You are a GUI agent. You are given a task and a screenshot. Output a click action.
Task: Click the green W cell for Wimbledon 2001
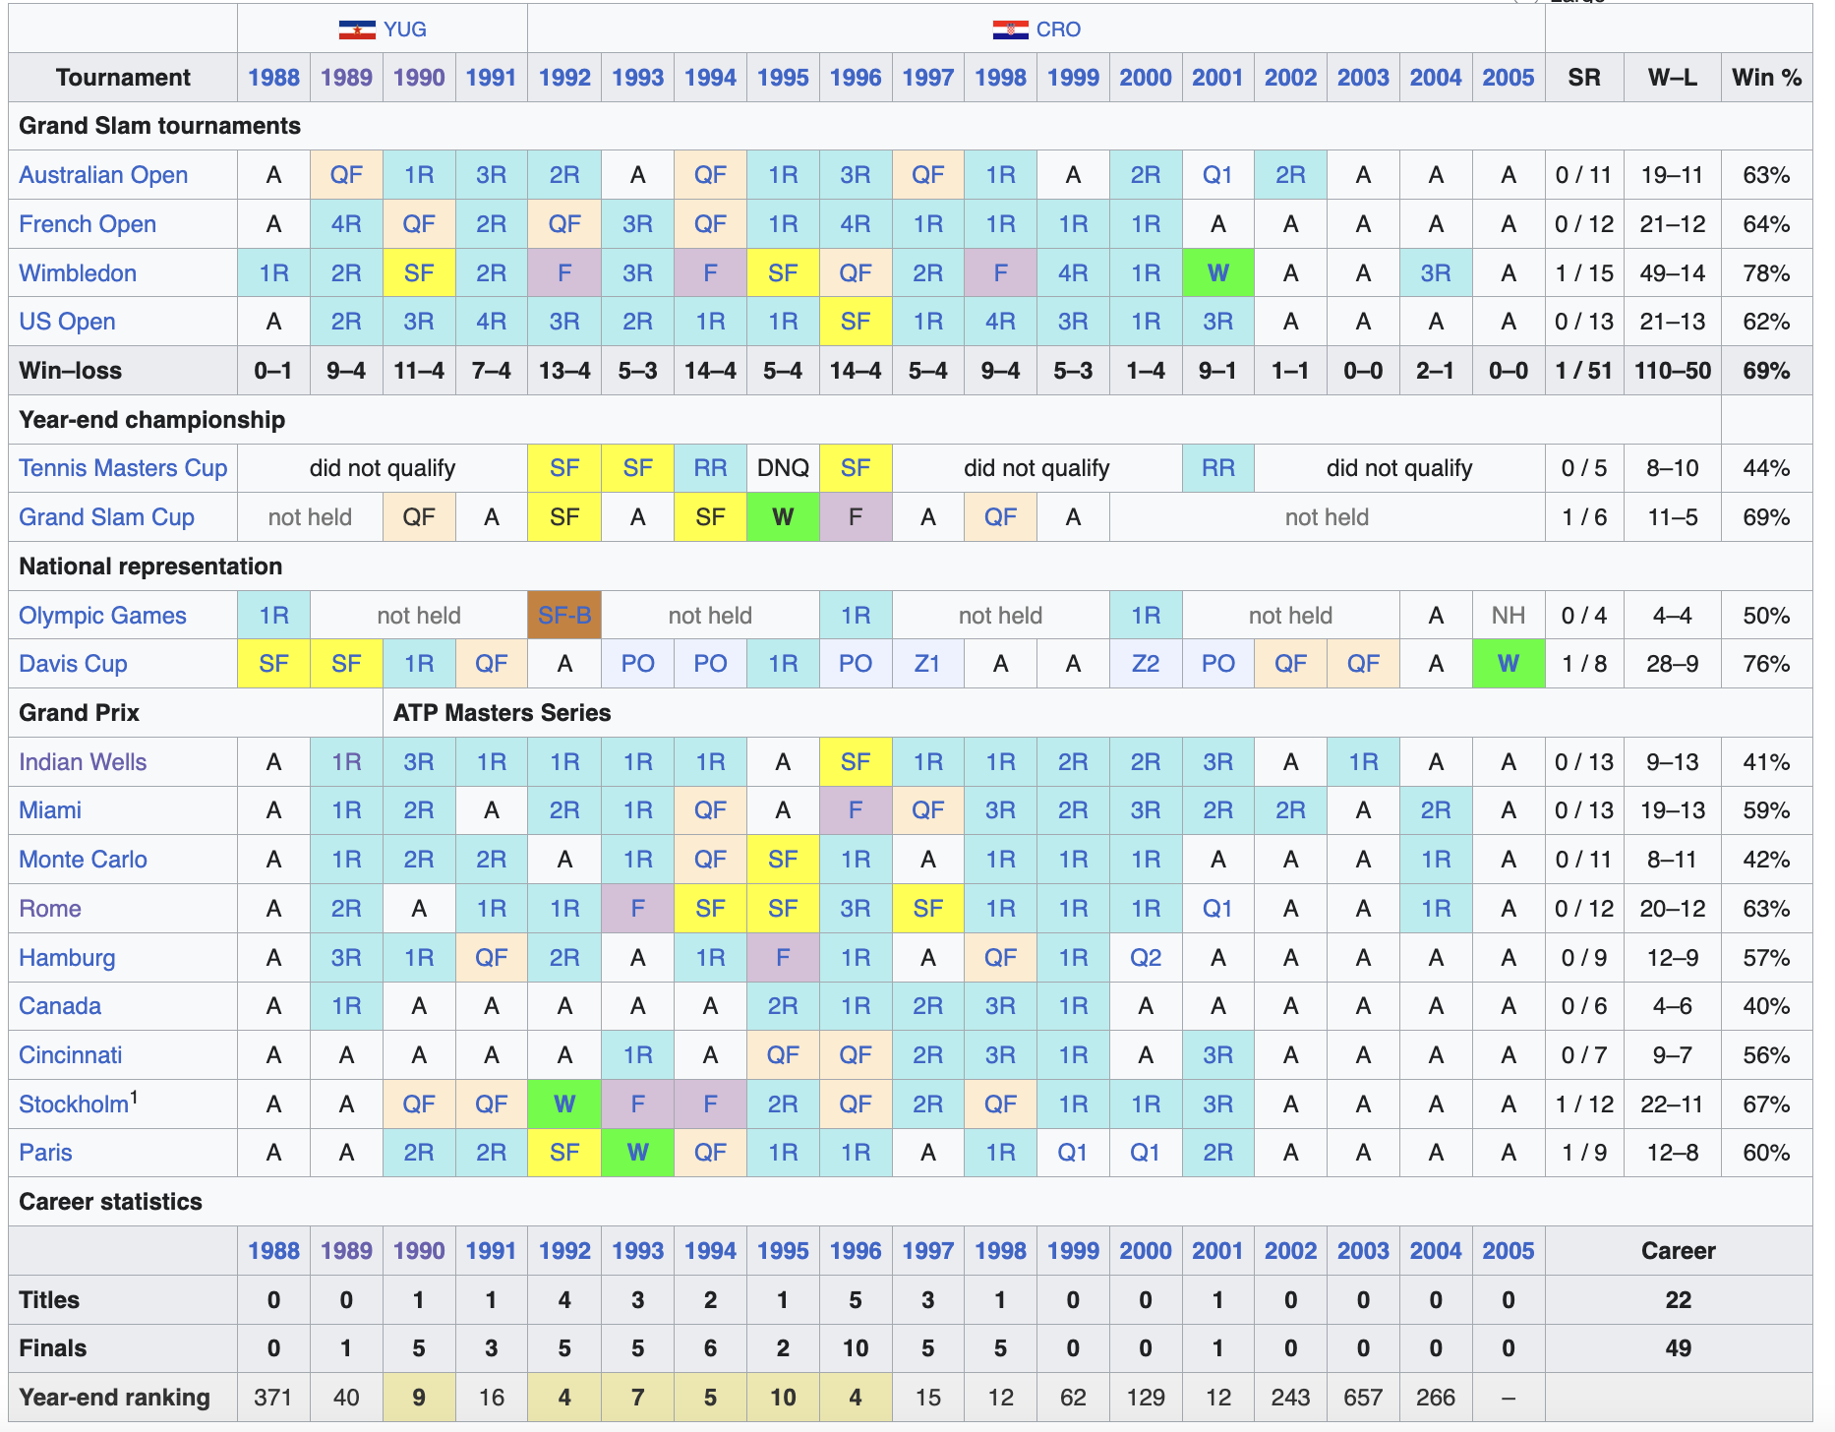coord(1217,272)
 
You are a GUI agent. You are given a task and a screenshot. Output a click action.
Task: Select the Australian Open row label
coord(103,175)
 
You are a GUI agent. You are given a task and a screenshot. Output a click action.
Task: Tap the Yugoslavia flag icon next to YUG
coord(357,30)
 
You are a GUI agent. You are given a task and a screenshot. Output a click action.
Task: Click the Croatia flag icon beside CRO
coord(1010,30)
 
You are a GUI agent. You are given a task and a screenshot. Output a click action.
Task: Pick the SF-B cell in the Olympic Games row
coord(564,615)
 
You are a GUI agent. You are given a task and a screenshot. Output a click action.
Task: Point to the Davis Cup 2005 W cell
coord(1509,664)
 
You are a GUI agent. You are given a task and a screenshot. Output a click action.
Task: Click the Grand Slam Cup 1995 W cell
coord(783,517)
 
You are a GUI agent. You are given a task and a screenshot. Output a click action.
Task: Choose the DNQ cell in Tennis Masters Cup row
coord(783,468)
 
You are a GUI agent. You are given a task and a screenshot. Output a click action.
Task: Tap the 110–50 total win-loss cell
coord(1673,371)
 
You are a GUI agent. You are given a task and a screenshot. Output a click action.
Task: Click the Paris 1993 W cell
coord(637,1153)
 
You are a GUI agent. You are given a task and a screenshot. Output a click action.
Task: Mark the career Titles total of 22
coord(1679,1300)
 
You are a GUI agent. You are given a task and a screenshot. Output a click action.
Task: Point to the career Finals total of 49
coord(1679,1348)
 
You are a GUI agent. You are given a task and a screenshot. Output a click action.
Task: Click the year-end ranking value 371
coord(273,1398)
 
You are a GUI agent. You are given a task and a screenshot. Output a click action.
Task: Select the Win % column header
coord(1766,78)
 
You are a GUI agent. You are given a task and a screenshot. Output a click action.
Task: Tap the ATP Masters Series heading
coord(502,713)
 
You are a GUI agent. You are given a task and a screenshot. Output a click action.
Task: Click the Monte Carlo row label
coord(84,860)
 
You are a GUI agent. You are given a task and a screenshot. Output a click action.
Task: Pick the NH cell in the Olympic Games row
coord(1509,616)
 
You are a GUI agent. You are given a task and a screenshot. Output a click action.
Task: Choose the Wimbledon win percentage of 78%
coord(1766,273)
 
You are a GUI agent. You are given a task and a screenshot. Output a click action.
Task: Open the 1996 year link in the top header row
coord(856,78)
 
